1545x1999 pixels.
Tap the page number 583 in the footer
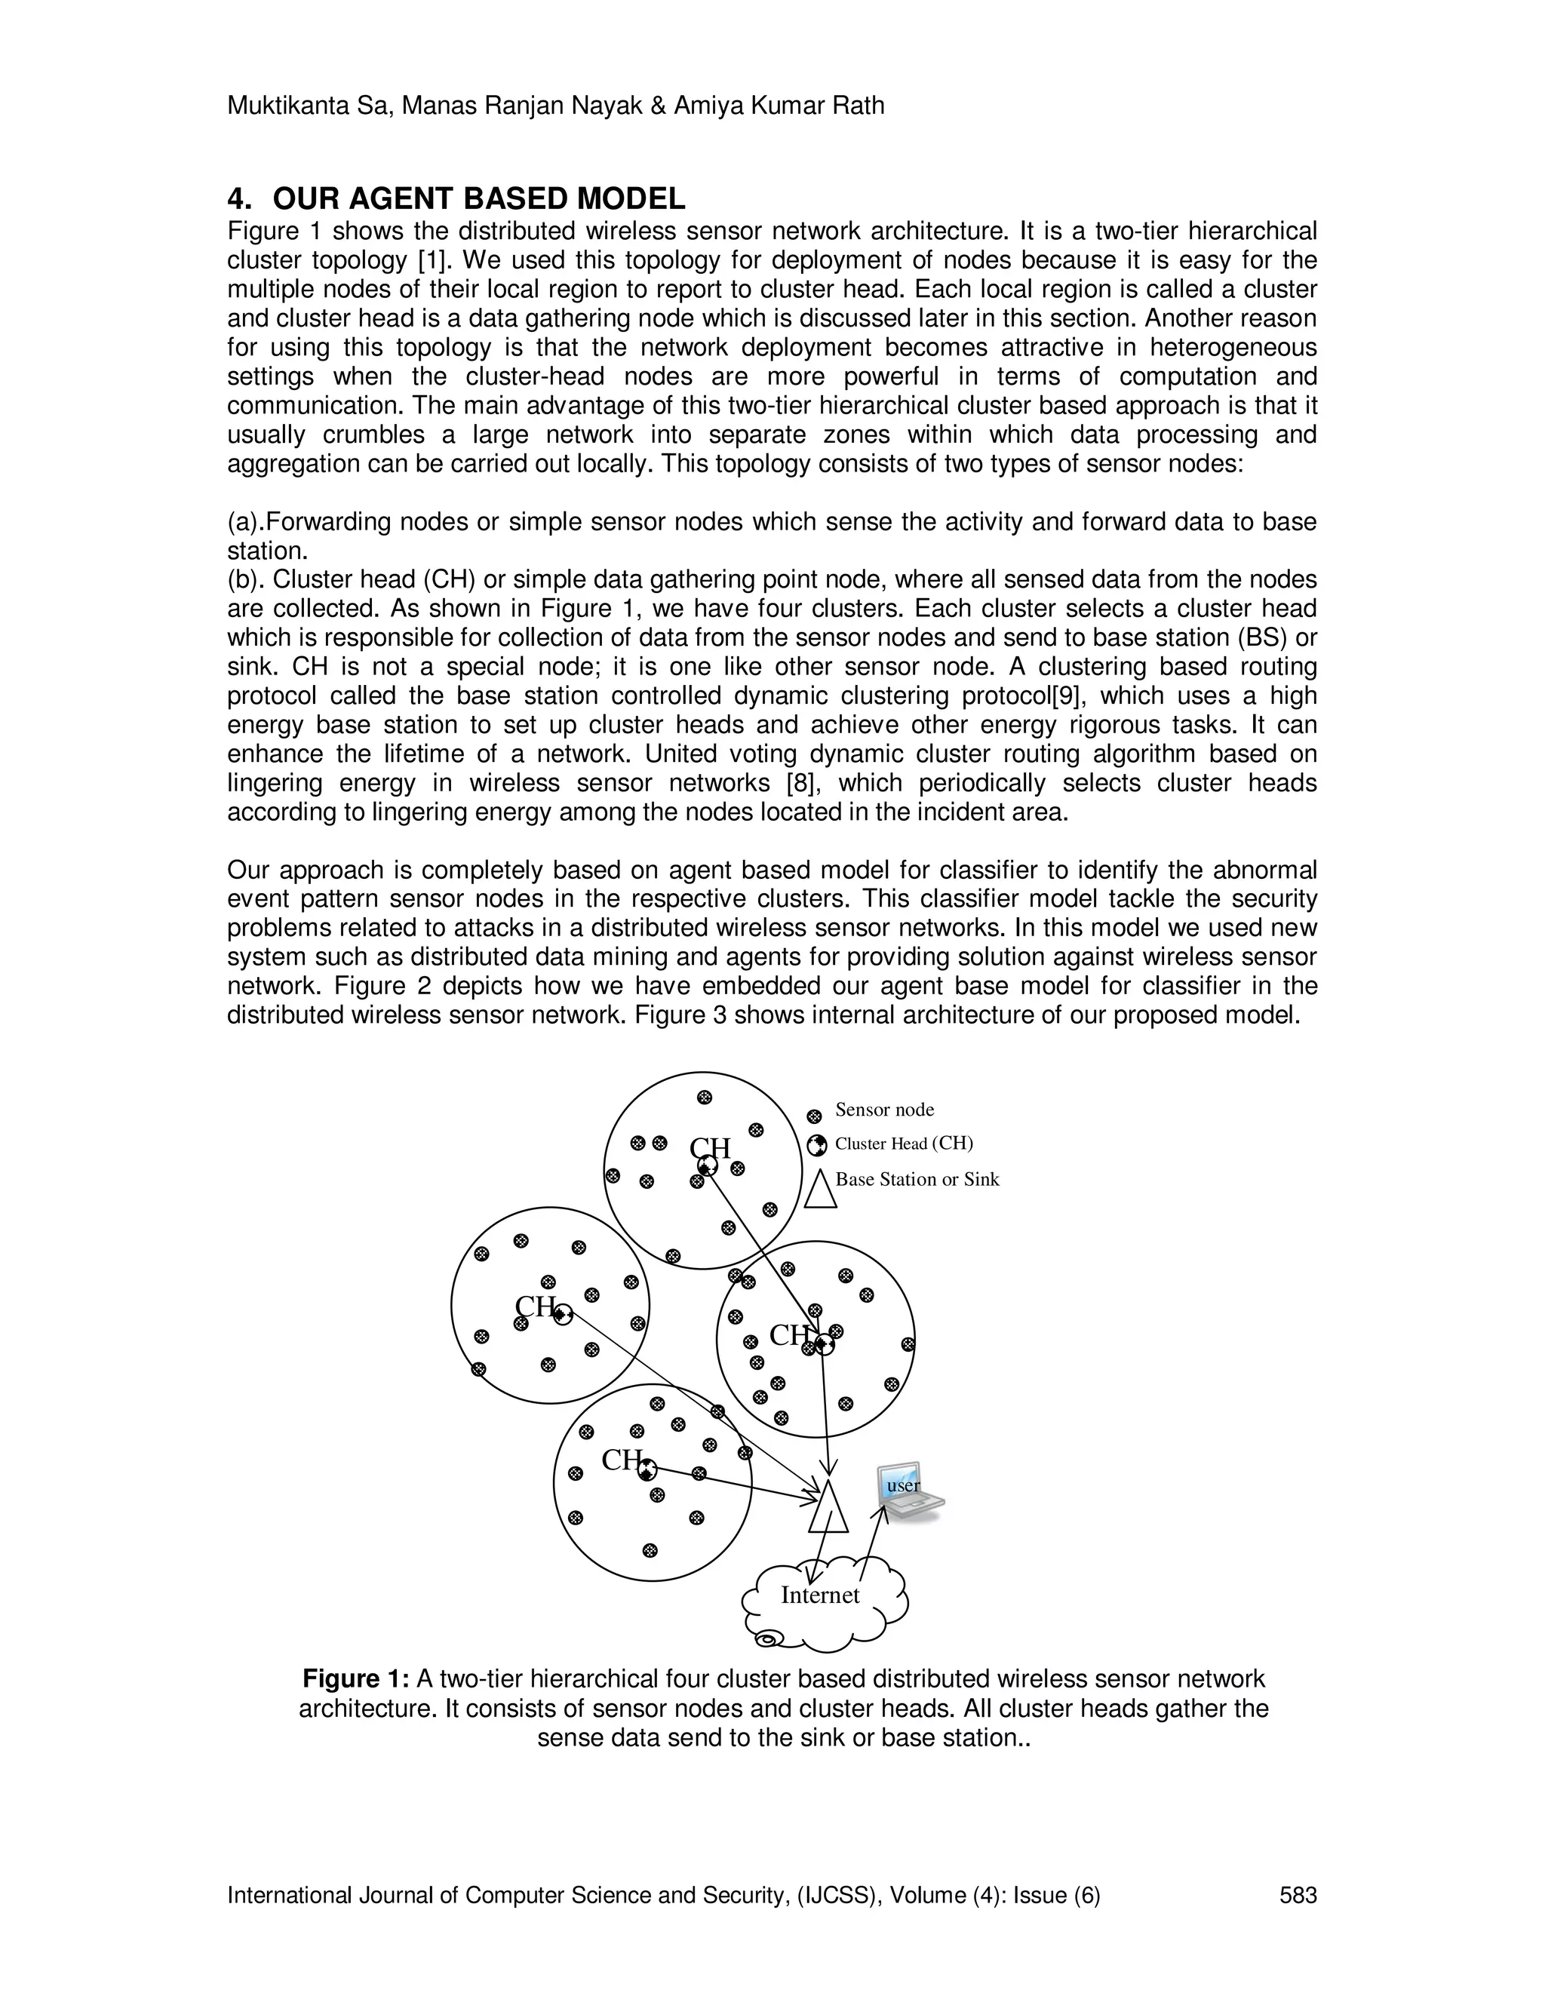1297,1895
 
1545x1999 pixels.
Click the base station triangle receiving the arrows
828,1509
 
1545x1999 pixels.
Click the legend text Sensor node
884,1110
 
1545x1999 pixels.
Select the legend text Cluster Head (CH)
903,1143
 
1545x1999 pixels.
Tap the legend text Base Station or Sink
917,1179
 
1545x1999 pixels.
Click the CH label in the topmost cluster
709,1148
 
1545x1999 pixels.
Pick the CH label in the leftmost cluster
535,1306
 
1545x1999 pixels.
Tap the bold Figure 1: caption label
355,1678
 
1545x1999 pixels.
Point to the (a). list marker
244,522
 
